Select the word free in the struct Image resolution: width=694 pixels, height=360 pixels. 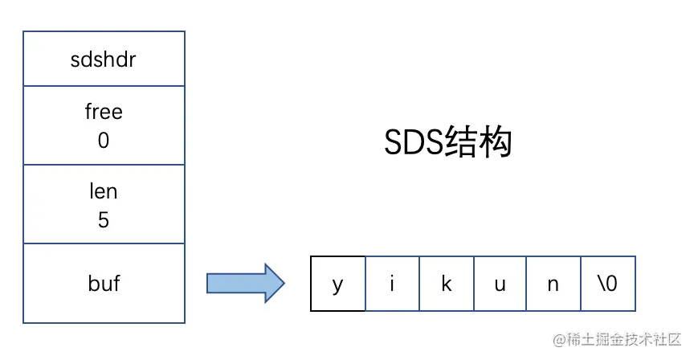click(104, 111)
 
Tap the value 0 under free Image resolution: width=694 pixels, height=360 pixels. click(104, 140)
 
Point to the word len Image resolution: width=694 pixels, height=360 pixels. click(104, 191)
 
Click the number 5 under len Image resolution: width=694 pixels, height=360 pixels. click(104, 219)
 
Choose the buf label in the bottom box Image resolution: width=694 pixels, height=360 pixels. click(104, 283)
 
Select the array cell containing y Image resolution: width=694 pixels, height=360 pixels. click(337, 284)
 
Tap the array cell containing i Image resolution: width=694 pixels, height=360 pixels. click(392, 284)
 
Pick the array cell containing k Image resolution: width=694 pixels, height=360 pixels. click(447, 284)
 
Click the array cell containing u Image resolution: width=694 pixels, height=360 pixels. click(500, 284)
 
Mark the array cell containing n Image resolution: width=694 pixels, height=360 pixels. click(554, 284)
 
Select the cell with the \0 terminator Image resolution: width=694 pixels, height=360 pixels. click(609, 284)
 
